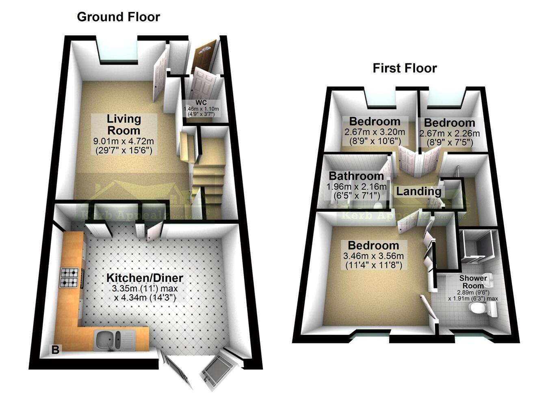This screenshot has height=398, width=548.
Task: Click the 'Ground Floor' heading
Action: (x=118, y=17)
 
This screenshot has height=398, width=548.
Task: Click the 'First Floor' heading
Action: (x=405, y=68)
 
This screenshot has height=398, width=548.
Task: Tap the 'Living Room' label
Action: (x=123, y=125)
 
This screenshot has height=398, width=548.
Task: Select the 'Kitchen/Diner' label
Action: (x=145, y=278)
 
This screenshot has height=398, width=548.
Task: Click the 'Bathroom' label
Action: (x=356, y=176)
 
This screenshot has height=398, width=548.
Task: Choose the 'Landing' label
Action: (x=419, y=191)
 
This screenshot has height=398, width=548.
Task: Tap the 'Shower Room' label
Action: (x=473, y=282)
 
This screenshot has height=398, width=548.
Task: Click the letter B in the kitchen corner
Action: (x=55, y=350)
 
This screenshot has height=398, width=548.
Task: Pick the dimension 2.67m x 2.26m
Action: (x=449, y=133)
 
